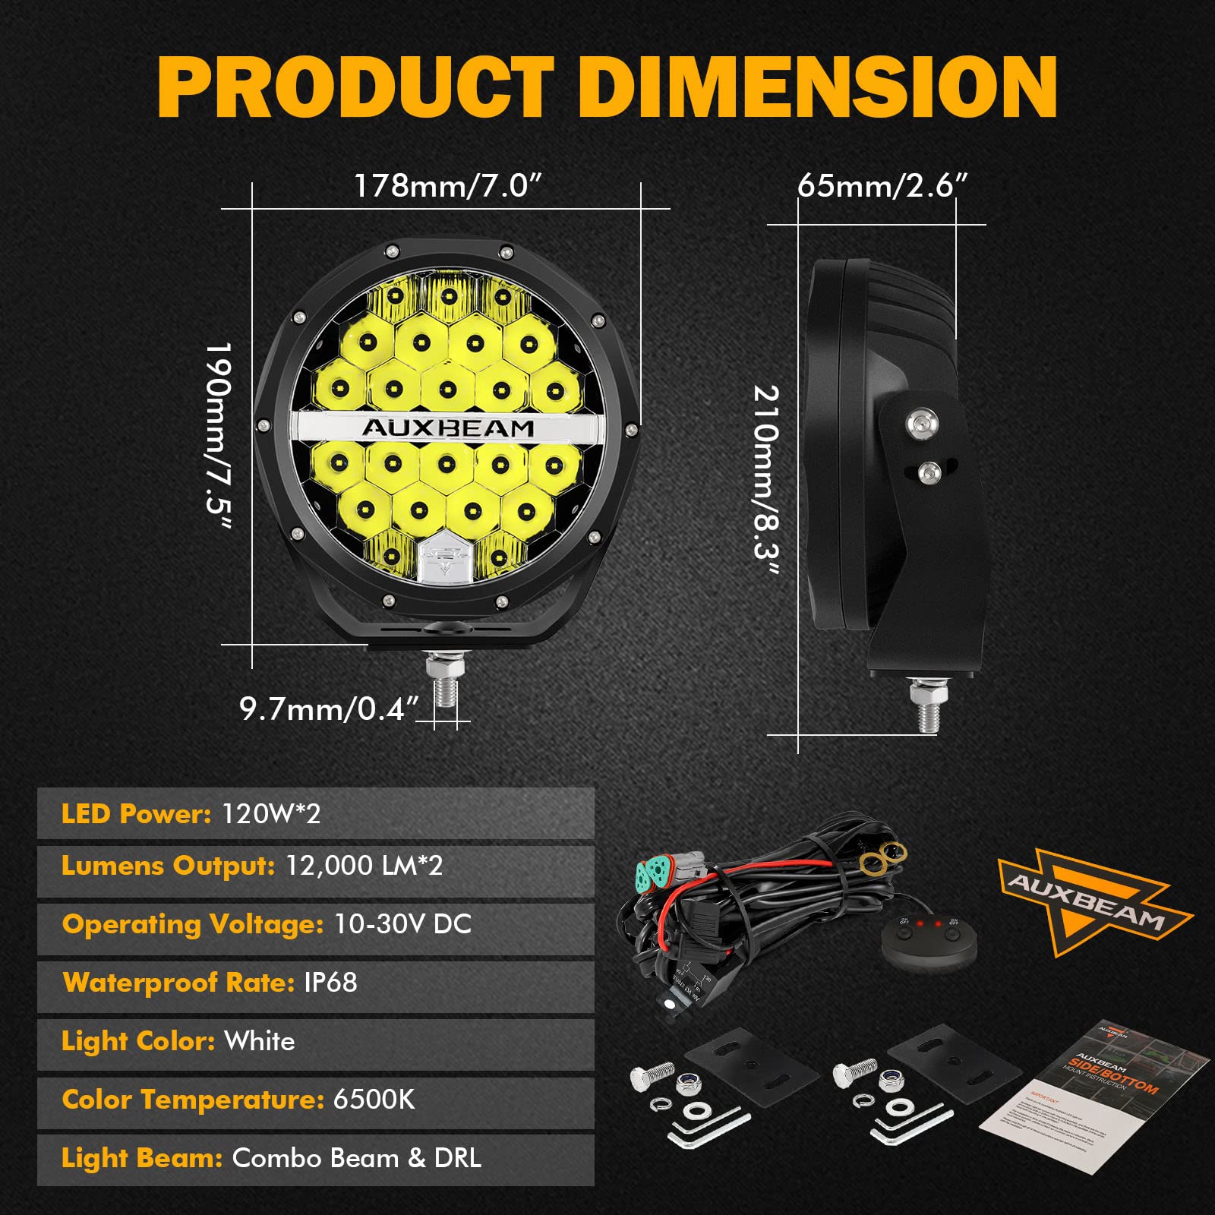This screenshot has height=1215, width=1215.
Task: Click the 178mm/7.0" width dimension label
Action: tap(448, 186)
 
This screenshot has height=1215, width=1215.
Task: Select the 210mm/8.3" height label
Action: tap(765, 481)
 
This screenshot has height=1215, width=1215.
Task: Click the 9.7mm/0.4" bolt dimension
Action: tap(329, 709)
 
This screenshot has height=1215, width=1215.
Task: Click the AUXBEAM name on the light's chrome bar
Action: tap(448, 428)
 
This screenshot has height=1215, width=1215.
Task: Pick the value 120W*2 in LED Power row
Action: tap(271, 814)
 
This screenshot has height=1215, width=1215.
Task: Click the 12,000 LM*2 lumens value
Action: tap(364, 866)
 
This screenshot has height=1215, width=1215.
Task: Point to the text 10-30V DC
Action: tap(403, 924)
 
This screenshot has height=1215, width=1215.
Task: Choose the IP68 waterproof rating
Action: tap(330, 983)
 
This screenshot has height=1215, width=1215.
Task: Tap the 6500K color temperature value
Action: tap(374, 1100)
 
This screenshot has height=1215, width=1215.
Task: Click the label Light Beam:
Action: tap(142, 1158)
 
